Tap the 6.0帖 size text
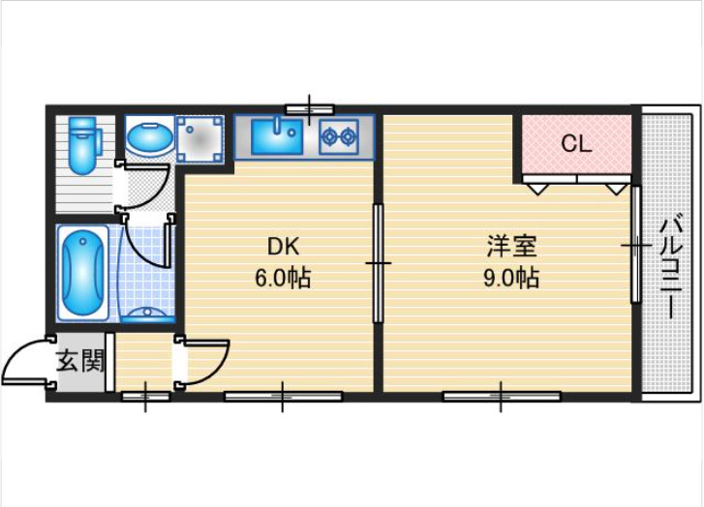coord(282,279)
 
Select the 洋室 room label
coord(510,246)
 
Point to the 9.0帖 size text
coord(510,279)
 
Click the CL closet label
coord(576,145)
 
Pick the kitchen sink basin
coord(278,136)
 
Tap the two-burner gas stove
coord(340,136)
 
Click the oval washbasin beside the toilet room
coord(148,138)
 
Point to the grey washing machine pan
coord(200,138)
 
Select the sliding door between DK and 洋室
coord(378,261)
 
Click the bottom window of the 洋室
coord(501,395)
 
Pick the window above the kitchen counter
coord(309,108)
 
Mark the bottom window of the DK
coord(282,395)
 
